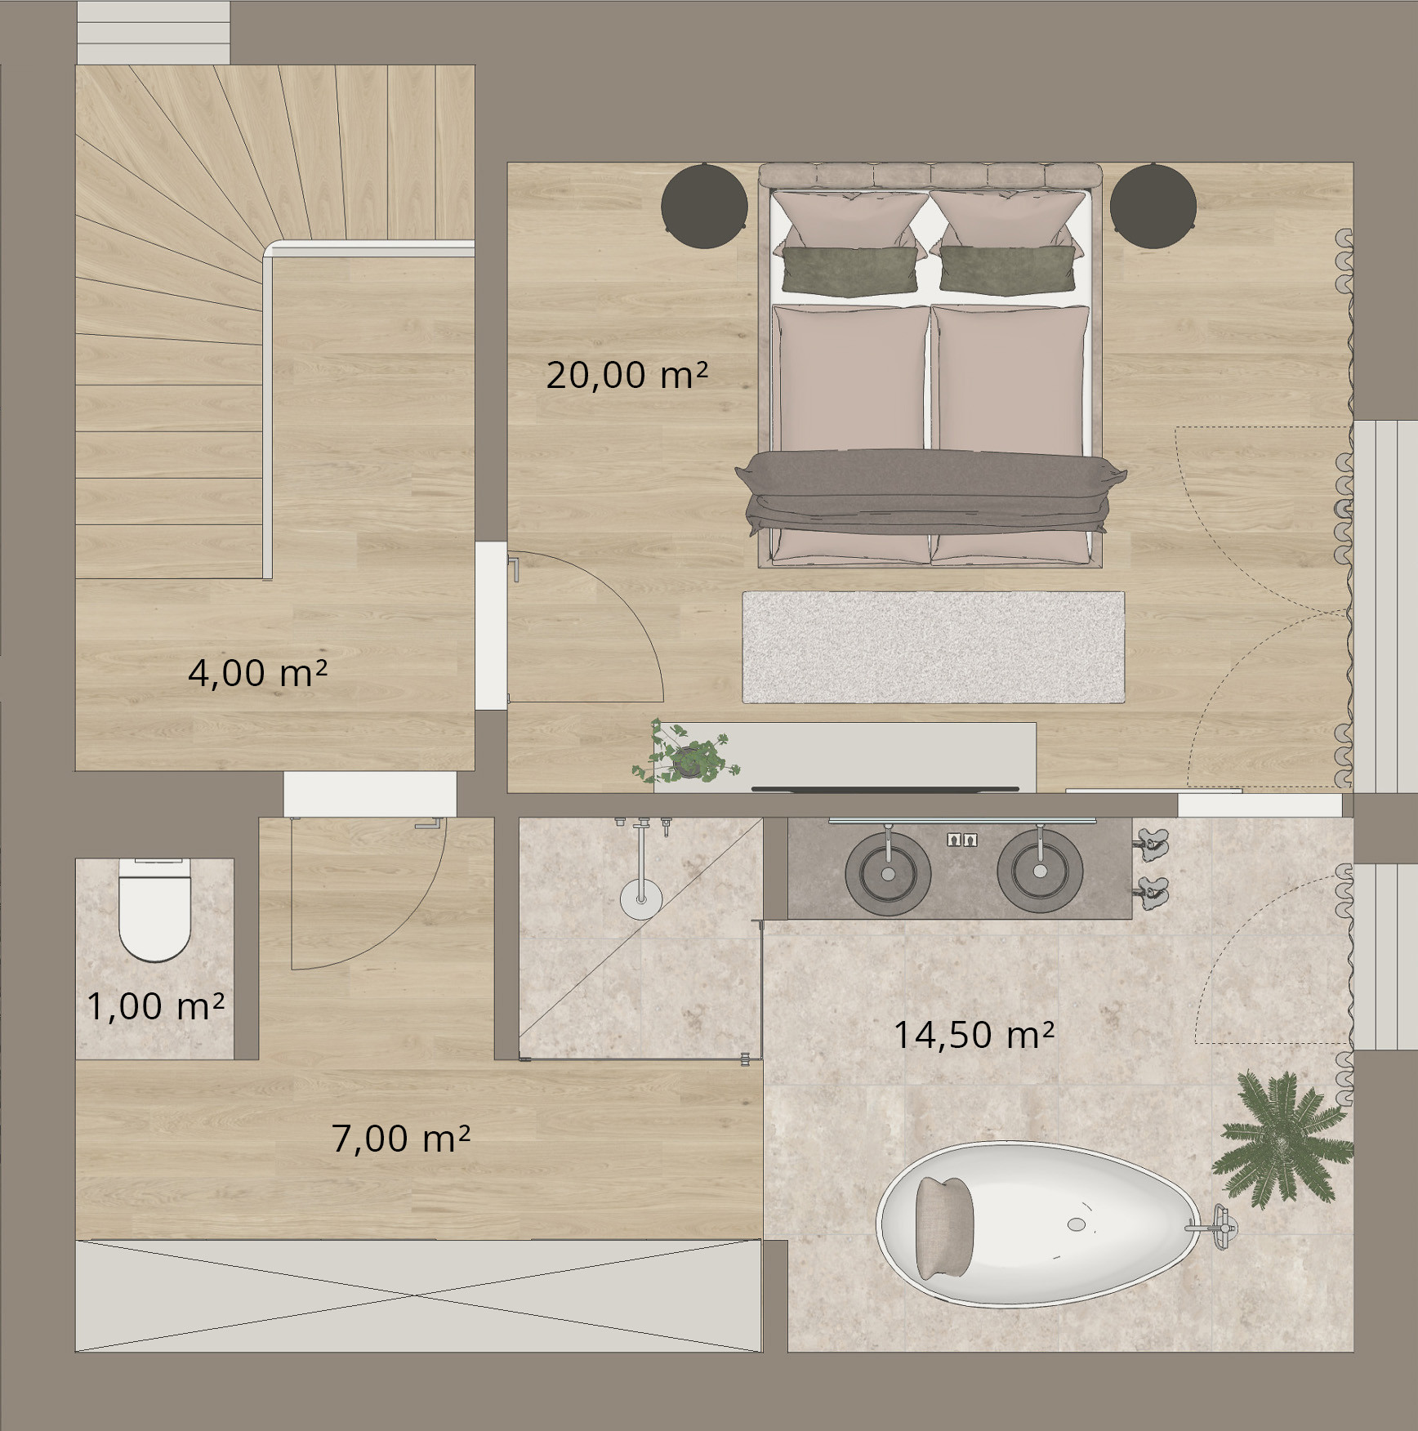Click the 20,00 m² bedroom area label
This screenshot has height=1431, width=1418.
coord(627,375)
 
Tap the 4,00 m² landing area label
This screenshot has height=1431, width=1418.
coord(257,673)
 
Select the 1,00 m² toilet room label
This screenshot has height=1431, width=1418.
coord(155,1006)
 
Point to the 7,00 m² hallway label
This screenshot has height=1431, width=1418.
coord(400,1139)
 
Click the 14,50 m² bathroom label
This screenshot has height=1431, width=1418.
coord(974,1036)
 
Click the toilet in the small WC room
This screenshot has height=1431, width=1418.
coord(154,910)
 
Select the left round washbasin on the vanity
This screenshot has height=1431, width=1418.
coord(888,872)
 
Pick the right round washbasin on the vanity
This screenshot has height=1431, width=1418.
coord(1040,871)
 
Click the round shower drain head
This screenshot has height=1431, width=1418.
coord(641,900)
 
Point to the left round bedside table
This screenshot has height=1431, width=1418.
coord(704,205)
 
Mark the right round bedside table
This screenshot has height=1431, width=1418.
coord(1153,205)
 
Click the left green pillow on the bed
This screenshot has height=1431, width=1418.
coord(849,270)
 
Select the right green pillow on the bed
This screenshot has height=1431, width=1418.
coord(1007,270)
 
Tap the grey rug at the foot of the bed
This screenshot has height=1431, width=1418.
coord(933,647)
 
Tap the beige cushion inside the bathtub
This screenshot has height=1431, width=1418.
coord(944,1228)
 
